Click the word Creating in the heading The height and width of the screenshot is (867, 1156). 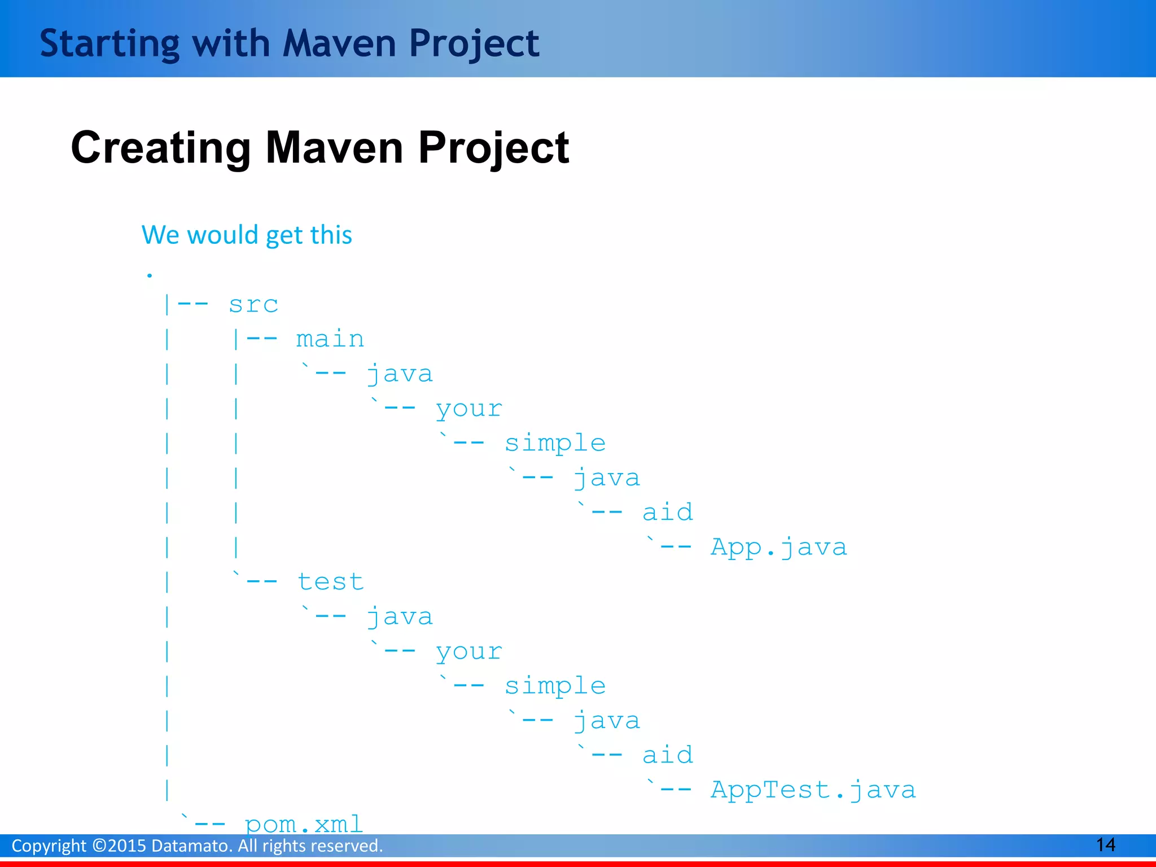pyautogui.click(x=161, y=148)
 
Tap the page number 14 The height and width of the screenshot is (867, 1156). pyautogui.click(x=1105, y=845)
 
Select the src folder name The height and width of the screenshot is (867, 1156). pyautogui.click(x=253, y=305)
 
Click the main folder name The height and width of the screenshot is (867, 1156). pyautogui.click(x=330, y=340)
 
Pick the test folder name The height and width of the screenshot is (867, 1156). pyautogui.click(x=330, y=582)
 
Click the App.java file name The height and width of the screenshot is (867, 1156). pyautogui.click(x=778, y=548)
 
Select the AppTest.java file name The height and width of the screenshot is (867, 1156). pyautogui.click(x=813, y=790)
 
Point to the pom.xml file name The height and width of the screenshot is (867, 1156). pyautogui.click(x=304, y=825)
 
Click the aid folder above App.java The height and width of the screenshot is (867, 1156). pyautogui.click(x=668, y=513)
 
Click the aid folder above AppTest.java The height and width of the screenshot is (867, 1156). pyautogui.click(x=668, y=755)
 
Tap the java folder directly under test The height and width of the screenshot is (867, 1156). pyautogui.click(x=400, y=617)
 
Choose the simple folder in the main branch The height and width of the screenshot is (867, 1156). pyautogui.click(x=555, y=444)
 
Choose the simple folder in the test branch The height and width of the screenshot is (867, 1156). pyautogui.click(x=555, y=686)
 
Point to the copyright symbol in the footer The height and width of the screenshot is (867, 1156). pyautogui.click(x=99, y=846)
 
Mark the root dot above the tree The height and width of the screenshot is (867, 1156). pyautogui.click(x=150, y=275)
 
